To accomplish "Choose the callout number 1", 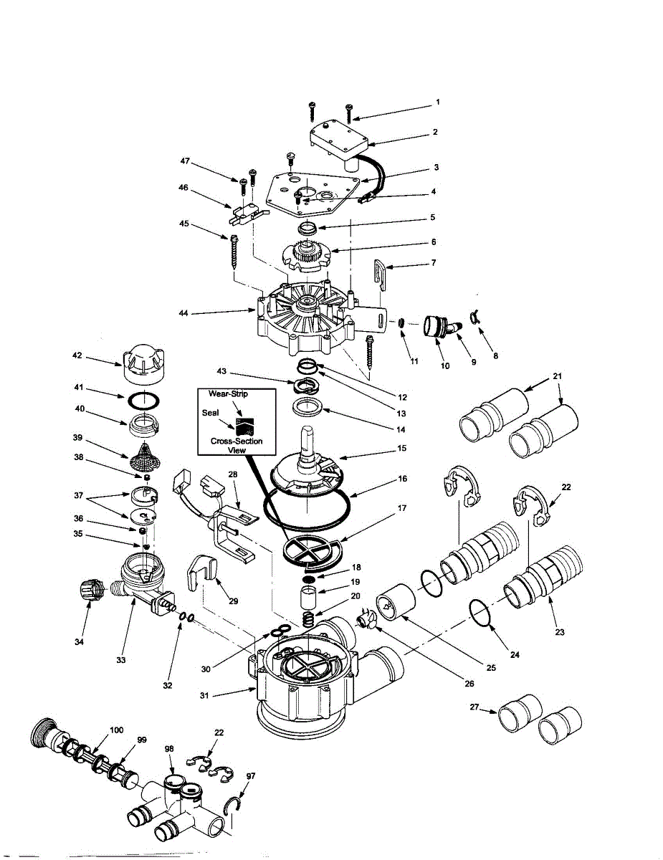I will coord(437,102).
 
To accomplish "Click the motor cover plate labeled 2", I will coord(333,140).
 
